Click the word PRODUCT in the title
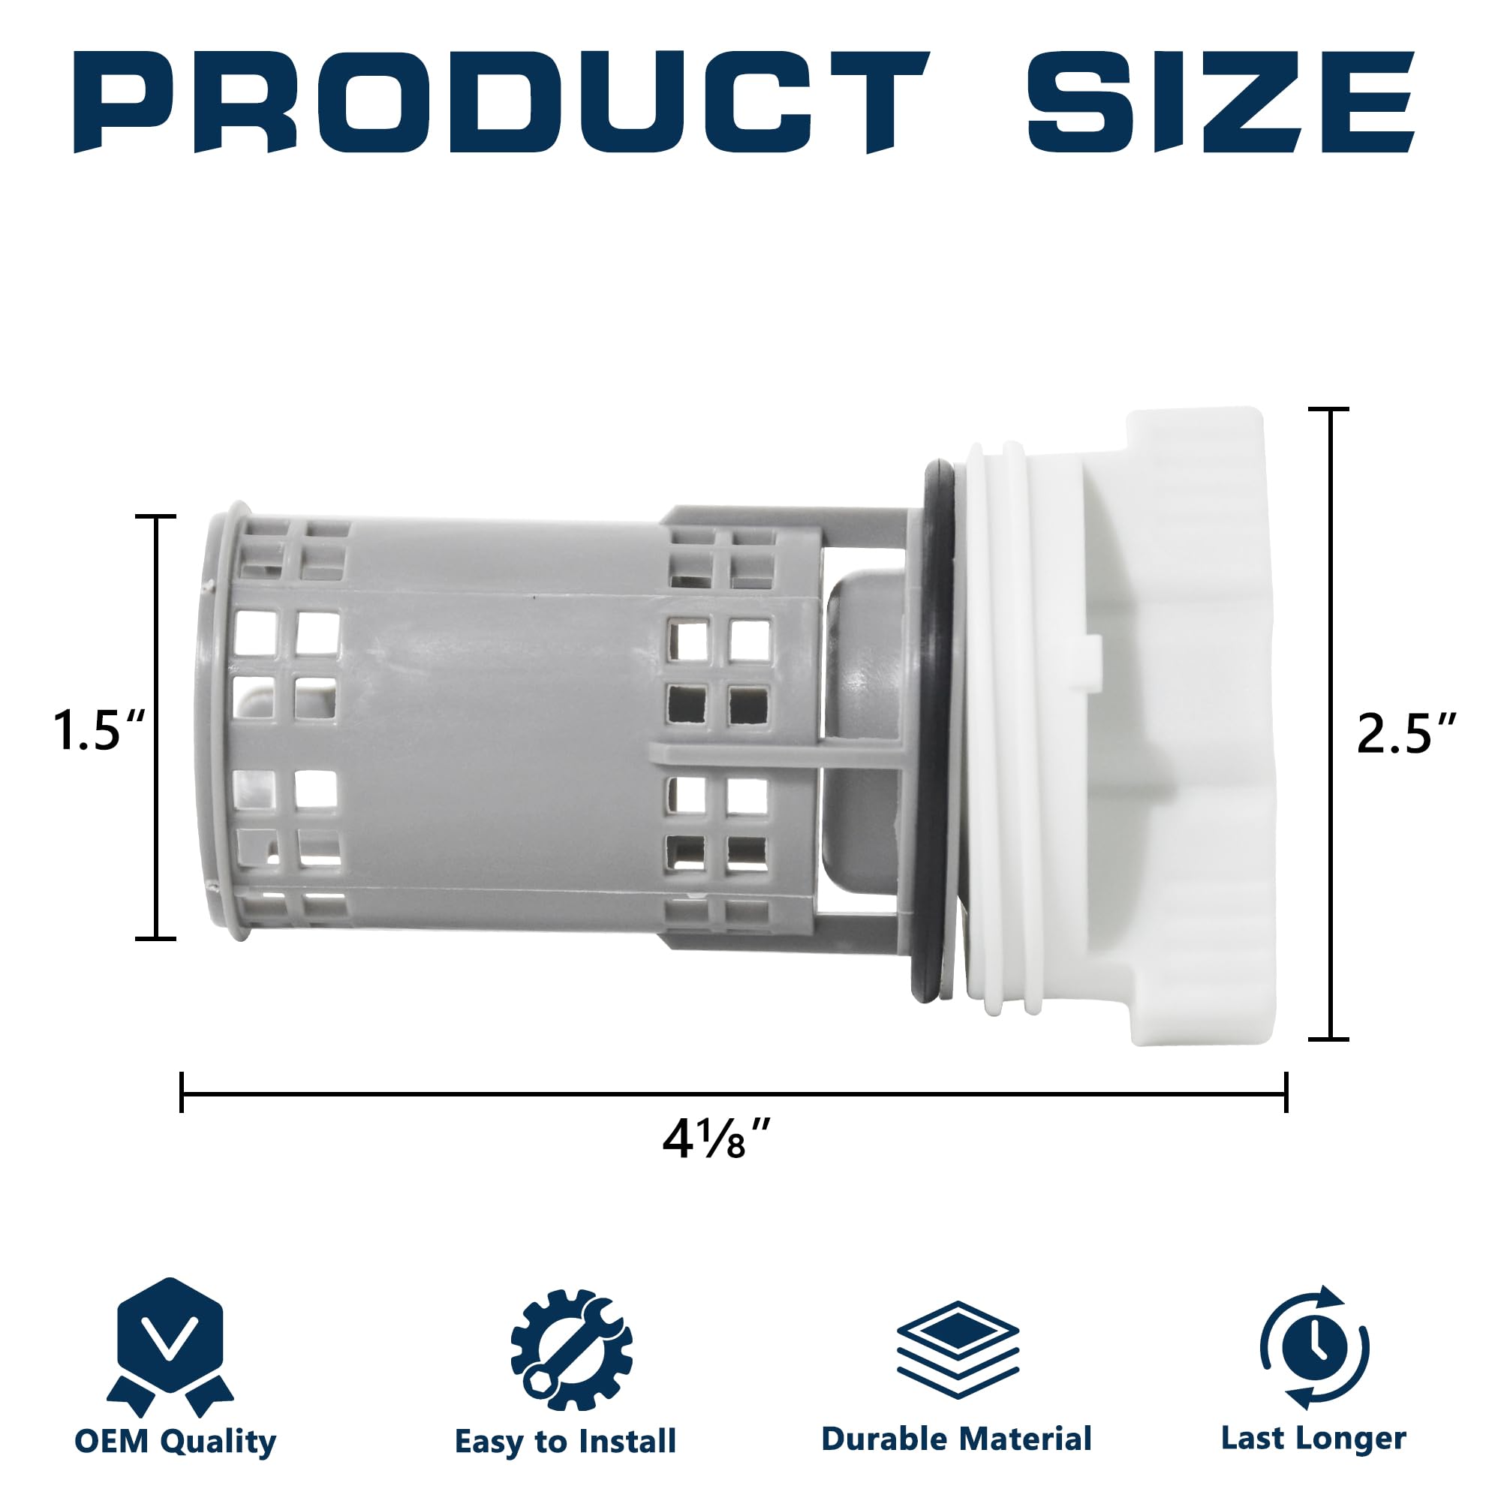501,102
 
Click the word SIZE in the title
1220,102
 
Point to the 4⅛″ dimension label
717,1139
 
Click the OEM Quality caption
176,1442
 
